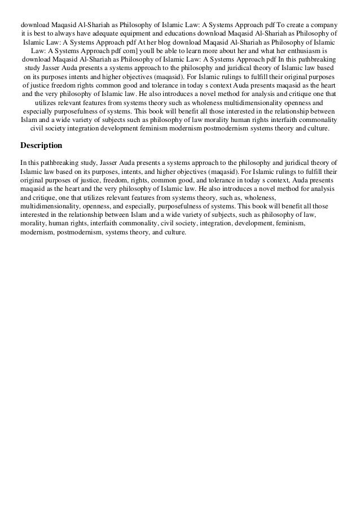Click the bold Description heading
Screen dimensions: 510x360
(x=41, y=146)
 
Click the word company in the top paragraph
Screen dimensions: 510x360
(x=324, y=25)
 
